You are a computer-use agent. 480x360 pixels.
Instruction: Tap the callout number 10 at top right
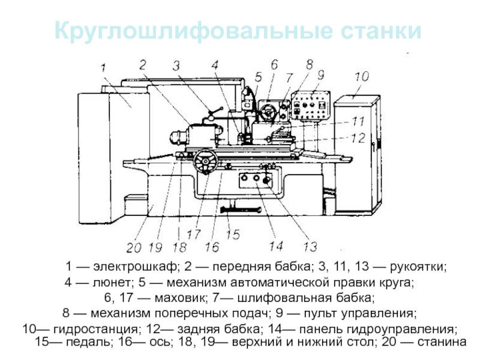point(361,77)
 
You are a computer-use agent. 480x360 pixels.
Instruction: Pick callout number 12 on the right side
point(358,138)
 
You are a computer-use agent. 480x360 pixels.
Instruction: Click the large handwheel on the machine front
point(206,162)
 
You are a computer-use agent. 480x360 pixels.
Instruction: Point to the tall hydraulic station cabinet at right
point(356,153)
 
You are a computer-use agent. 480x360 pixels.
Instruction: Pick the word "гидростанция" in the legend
point(86,329)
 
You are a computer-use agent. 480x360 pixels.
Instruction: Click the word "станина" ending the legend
point(443,342)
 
